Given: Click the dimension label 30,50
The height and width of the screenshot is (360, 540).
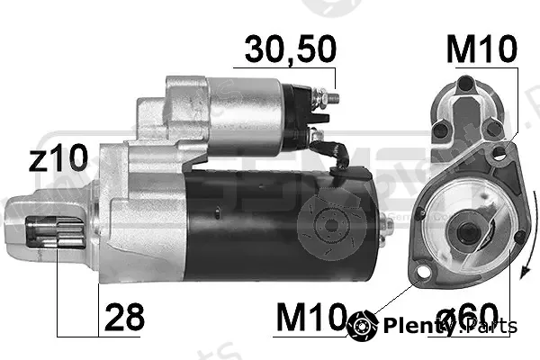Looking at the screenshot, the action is coord(291,49).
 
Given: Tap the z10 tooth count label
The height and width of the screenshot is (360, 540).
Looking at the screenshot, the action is coord(58,157).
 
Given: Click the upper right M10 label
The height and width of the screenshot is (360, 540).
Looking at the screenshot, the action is coord(481,49).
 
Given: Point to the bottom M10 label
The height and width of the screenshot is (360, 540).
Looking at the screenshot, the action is coord(311,317).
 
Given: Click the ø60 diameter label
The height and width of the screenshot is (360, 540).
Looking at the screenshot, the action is coord(467,317).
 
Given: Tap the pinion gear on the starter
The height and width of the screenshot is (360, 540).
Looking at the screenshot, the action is coord(56,232).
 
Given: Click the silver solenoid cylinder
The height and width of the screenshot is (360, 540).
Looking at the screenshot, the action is coord(246,116).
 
